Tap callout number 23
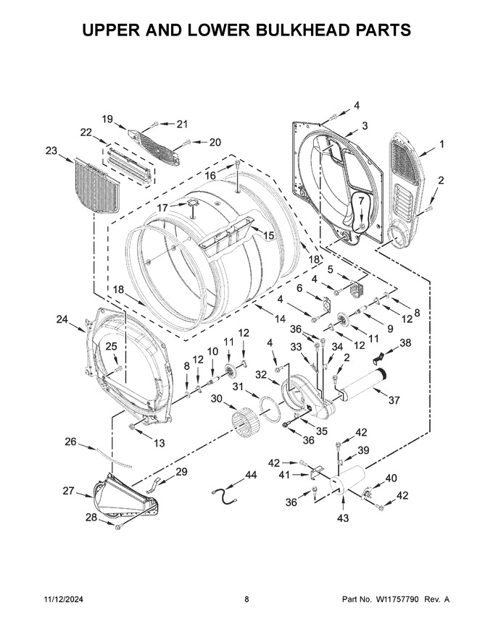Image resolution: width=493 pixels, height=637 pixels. (x=51, y=151)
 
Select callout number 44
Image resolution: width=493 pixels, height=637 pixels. (x=251, y=475)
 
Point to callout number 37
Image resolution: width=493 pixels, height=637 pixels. (x=394, y=400)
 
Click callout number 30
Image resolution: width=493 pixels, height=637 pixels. (x=216, y=399)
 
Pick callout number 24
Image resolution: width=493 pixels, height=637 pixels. (x=62, y=320)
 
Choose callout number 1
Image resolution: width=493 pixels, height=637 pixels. (x=442, y=143)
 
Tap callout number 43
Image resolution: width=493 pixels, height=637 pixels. (x=344, y=518)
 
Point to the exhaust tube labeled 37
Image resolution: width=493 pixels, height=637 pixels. (x=362, y=385)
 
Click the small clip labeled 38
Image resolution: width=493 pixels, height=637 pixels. (x=378, y=358)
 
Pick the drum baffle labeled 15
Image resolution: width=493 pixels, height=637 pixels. (x=227, y=237)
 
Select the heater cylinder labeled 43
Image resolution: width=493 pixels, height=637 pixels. (x=347, y=481)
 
